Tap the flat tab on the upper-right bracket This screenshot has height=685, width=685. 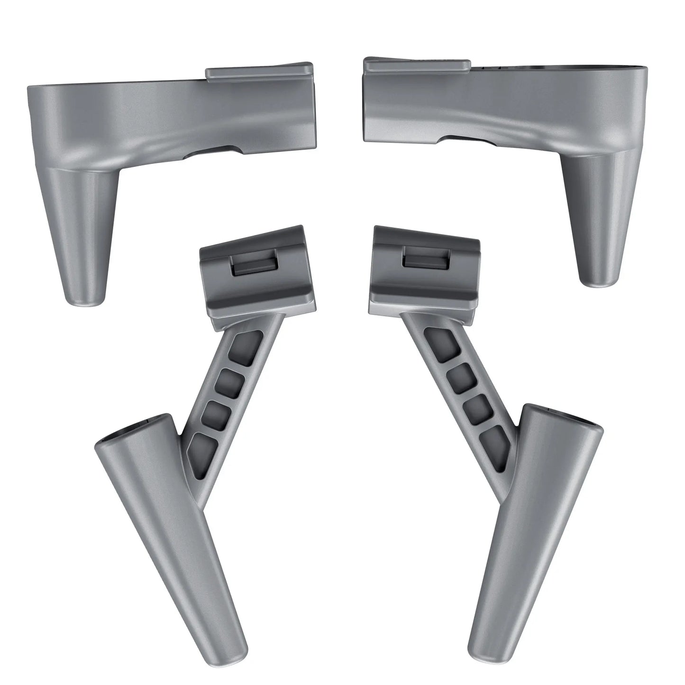[417, 66]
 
